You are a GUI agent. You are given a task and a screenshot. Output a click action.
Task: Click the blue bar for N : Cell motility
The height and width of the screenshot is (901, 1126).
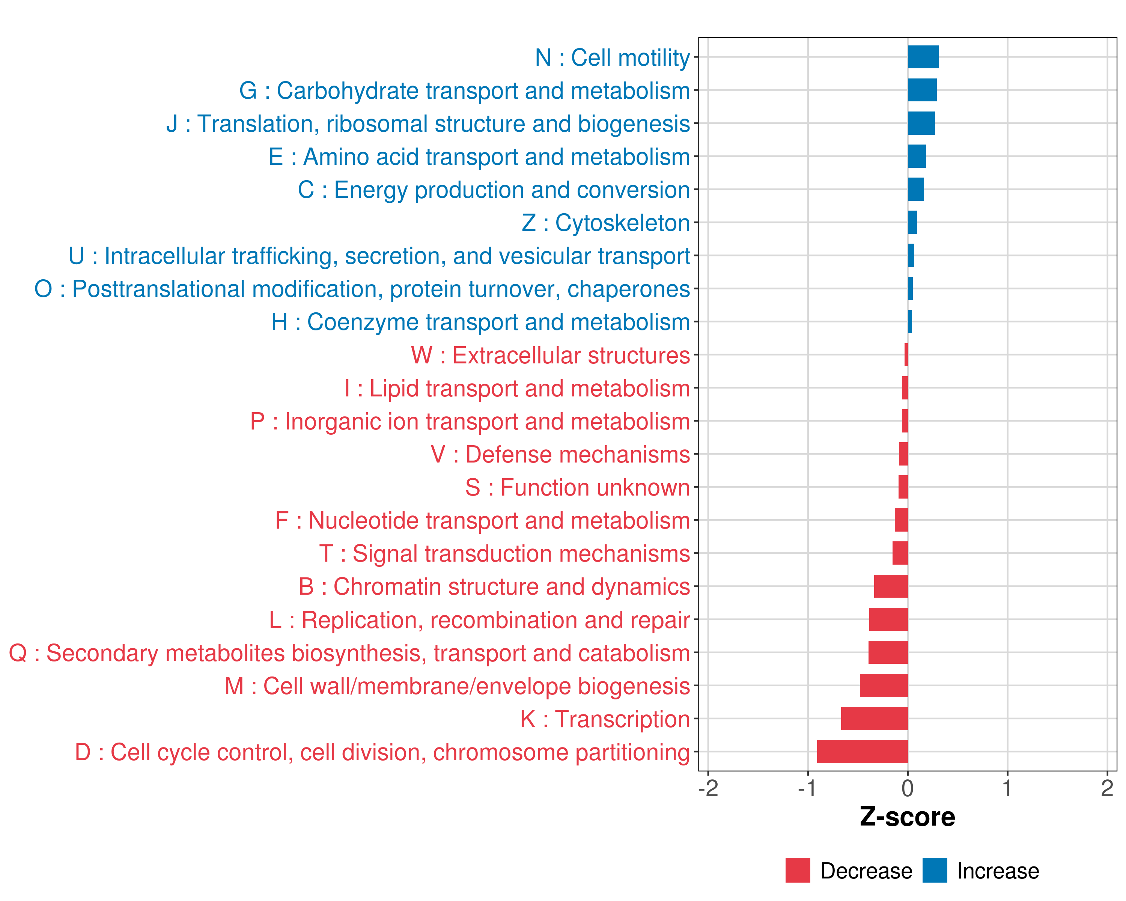(x=923, y=57)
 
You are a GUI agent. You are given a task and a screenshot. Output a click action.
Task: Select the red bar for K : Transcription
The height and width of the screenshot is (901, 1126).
(x=874, y=719)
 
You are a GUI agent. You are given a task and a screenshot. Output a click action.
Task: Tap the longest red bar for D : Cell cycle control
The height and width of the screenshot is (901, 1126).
(x=862, y=752)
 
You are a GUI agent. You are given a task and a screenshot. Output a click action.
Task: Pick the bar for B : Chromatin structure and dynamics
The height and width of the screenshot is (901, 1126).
(x=891, y=586)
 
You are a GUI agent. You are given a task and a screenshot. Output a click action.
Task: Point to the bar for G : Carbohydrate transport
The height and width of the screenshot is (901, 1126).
(x=922, y=90)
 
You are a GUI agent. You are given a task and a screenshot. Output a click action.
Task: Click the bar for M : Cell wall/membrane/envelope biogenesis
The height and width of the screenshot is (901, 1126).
(x=884, y=685)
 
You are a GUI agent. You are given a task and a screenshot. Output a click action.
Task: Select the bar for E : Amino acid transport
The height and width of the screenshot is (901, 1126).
(x=917, y=156)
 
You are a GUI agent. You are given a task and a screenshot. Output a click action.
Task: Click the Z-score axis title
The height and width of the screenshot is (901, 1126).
(x=908, y=817)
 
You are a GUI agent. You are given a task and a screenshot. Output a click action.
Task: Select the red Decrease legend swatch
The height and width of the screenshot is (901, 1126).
(x=798, y=871)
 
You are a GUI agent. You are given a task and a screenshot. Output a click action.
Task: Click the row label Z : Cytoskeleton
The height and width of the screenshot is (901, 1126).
(x=606, y=223)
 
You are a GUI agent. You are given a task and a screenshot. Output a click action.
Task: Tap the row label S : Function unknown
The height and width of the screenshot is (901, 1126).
(x=578, y=488)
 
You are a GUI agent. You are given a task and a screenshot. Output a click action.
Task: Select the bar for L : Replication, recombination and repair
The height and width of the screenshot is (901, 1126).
(x=888, y=619)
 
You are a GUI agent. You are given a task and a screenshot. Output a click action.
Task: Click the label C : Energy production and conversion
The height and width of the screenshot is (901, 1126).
(x=494, y=190)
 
